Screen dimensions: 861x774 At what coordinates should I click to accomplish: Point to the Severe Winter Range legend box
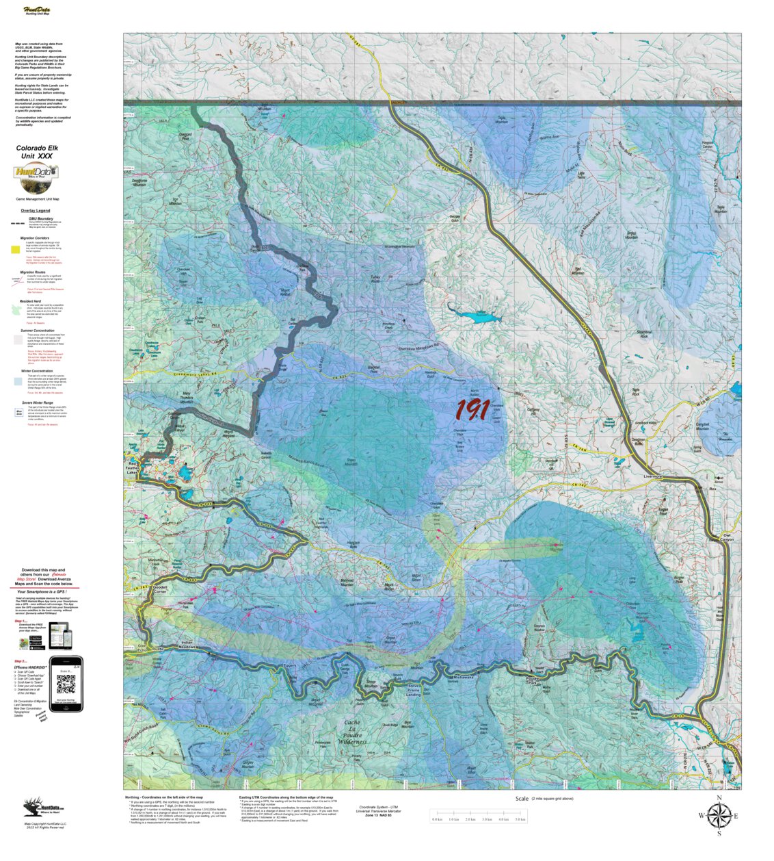19,413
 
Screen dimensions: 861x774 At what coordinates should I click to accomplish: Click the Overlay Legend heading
35,210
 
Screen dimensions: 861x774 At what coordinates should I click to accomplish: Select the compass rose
719,815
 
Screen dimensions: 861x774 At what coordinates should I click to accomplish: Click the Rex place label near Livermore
712,489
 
